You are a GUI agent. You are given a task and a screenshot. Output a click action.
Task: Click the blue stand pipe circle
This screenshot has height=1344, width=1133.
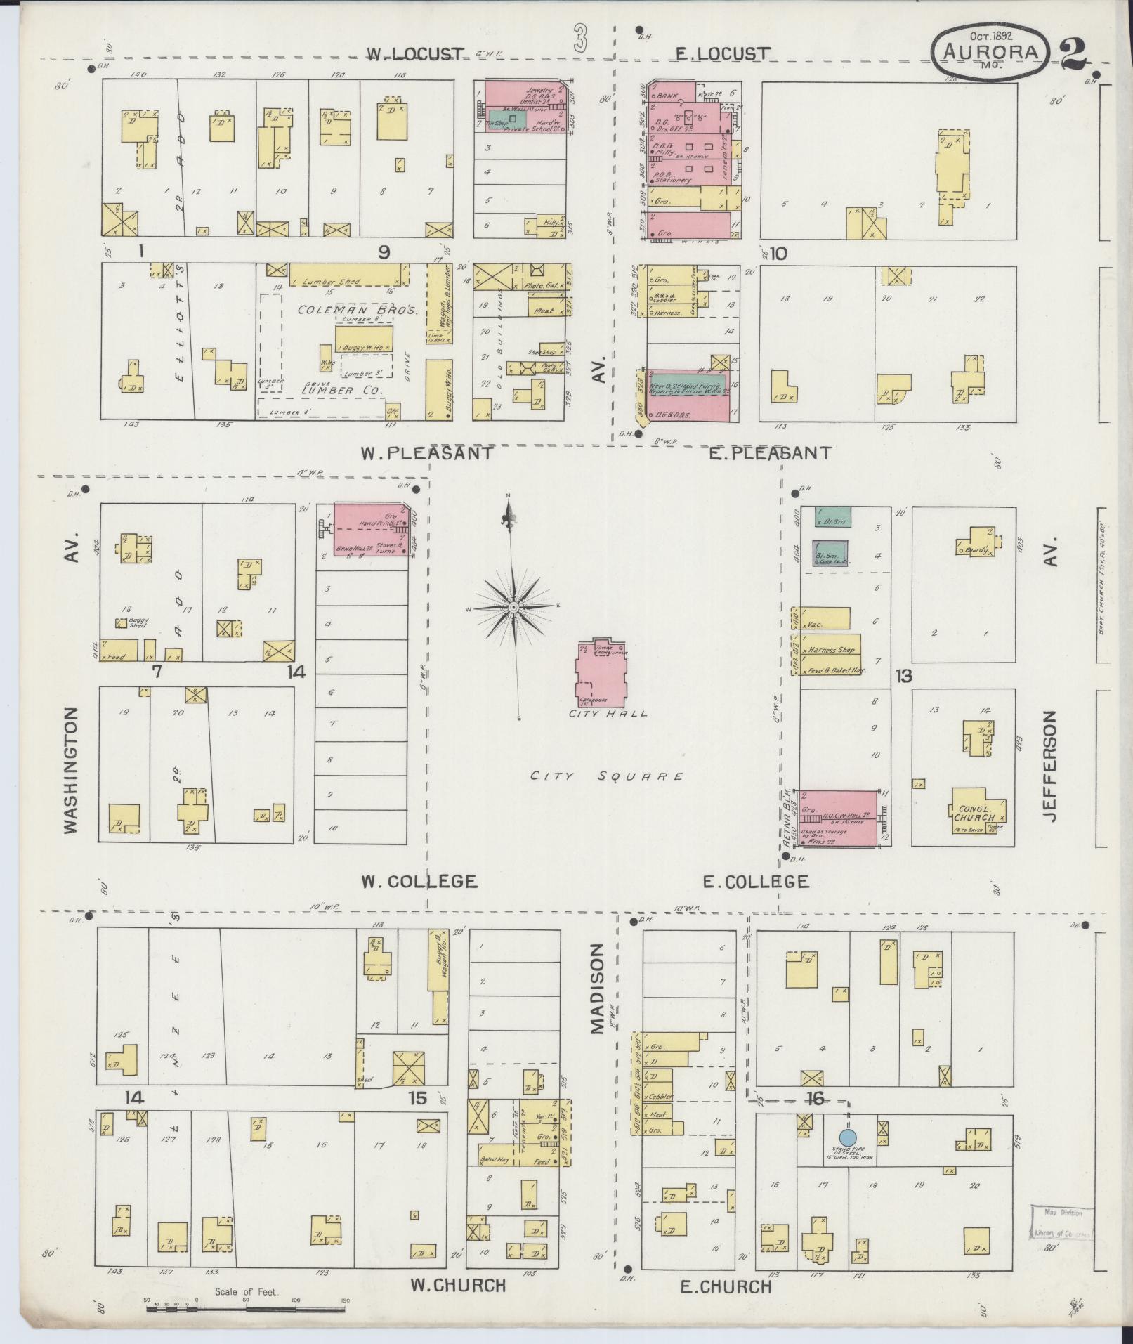pyautogui.click(x=848, y=1137)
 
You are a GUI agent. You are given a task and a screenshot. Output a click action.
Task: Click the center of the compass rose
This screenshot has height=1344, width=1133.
pyautogui.click(x=513, y=606)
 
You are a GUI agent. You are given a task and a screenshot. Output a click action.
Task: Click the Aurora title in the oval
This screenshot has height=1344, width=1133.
pyautogui.click(x=990, y=51)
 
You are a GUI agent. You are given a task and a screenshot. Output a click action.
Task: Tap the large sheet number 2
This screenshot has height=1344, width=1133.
pyautogui.click(x=1074, y=52)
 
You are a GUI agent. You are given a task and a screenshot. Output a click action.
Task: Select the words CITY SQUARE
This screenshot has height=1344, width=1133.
pyautogui.click(x=606, y=776)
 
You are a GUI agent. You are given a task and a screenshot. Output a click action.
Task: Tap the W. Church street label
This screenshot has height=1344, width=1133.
pyautogui.click(x=458, y=1285)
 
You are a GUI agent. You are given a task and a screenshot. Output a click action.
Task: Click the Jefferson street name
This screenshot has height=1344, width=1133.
pyautogui.click(x=1049, y=766)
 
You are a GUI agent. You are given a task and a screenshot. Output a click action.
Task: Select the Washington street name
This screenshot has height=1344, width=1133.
pyautogui.click(x=70, y=770)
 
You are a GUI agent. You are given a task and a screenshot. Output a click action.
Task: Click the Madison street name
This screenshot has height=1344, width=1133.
pyautogui.click(x=596, y=989)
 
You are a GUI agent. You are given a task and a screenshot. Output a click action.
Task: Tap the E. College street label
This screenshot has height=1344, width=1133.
pyautogui.click(x=755, y=881)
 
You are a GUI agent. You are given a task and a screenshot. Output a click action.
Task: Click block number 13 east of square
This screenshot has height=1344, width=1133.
pyautogui.click(x=903, y=676)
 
